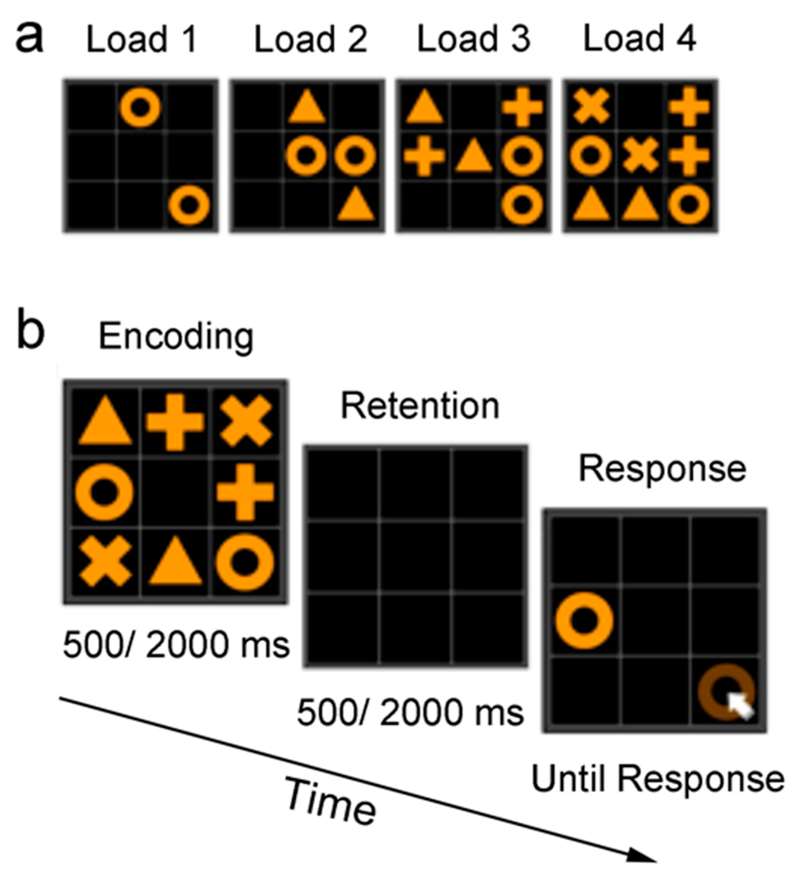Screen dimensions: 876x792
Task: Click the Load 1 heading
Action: pyautogui.click(x=142, y=40)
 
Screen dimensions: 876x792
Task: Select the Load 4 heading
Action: pyautogui.click(x=639, y=39)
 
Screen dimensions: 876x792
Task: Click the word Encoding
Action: pyautogui.click(x=176, y=337)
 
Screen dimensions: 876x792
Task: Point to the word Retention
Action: pyautogui.click(x=420, y=406)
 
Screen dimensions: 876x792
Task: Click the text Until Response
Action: pyautogui.click(x=658, y=779)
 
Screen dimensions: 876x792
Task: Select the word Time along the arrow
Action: pyautogui.click(x=330, y=802)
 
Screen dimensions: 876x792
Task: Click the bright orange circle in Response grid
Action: pyautogui.click(x=584, y=620)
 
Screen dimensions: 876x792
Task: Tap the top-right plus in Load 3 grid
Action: pyautogui.click(x=522, y=107)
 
